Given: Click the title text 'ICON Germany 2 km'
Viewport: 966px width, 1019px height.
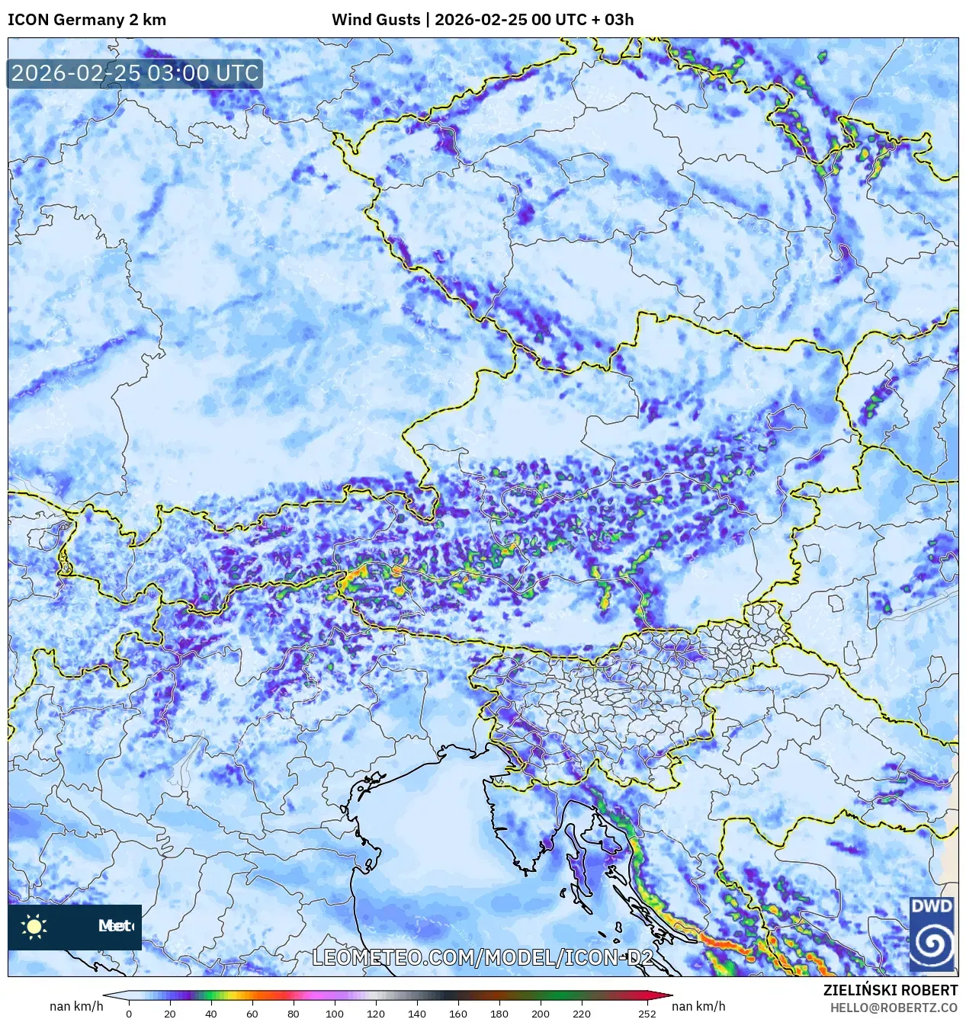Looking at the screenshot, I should (86, 20).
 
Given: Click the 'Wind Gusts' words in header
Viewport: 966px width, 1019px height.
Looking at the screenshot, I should (376, 20).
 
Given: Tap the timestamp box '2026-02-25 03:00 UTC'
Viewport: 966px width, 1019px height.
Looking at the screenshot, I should (135, 73).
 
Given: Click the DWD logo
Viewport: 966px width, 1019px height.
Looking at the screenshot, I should (932, 934).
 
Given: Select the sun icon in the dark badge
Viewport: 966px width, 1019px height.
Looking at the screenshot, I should (34, 927).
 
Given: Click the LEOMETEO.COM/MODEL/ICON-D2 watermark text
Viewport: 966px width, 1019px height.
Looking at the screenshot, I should (483, 957).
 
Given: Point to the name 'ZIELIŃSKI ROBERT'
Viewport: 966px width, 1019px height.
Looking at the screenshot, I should (890, 990).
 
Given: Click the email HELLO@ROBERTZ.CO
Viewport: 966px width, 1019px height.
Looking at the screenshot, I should (894, 1008).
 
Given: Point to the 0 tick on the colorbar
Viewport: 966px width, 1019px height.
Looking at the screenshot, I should (128, 1014).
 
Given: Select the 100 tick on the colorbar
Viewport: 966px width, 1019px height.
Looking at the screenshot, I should (334, 1014).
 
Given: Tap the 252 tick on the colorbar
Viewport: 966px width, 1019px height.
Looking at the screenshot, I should (647, 1014).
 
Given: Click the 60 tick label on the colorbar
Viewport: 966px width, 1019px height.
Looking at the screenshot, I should (252, 1014).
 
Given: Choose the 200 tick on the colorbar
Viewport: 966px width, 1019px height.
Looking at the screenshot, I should (540, 1014).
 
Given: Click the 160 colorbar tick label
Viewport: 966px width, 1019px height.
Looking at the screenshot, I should (457, 1014).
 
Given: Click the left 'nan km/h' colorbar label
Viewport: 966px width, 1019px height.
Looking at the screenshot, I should (76, 1007).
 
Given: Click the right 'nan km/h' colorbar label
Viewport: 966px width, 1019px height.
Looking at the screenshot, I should (698, 1007).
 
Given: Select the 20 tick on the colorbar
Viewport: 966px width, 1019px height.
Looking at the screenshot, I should (169, 1014).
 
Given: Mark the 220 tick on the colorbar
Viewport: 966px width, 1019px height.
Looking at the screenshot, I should (581, 1014).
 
